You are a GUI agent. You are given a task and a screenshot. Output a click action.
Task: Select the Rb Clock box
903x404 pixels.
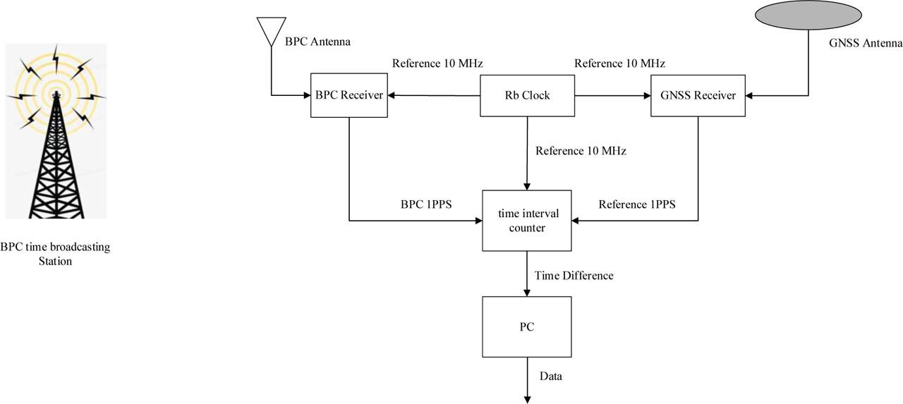click(526, 95)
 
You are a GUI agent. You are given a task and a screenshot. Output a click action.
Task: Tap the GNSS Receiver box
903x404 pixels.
click(698, 95)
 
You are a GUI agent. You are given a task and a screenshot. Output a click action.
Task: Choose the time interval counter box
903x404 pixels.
click(526, 220)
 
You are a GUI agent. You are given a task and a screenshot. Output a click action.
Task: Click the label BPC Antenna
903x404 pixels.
click(317, 42)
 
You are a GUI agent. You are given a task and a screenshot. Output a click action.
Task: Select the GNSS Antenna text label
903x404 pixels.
click(866, 43)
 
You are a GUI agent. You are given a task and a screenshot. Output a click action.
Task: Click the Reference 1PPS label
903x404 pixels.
click(637, 204)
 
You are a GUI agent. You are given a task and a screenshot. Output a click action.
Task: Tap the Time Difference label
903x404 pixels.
click(574, 276)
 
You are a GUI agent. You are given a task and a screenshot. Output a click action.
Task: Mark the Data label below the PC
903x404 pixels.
click(550, 377)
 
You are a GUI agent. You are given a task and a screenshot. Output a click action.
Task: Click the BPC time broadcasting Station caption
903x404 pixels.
click(55, 254)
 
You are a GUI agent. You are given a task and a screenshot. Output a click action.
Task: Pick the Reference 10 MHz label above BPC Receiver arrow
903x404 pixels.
click(437, 63)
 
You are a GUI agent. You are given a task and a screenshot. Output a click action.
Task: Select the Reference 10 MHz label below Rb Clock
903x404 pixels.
click(581, 150)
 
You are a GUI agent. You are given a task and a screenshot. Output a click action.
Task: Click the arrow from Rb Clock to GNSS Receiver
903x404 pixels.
click(612, 95)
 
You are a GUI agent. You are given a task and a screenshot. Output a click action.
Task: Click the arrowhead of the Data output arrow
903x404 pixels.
click(526, 400)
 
